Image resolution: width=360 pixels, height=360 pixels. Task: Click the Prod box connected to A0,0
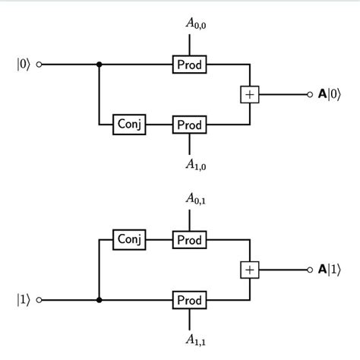(x=189, y=65)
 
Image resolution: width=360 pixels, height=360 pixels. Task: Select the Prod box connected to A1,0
(x=189, y=123)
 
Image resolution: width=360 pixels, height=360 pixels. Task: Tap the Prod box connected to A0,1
(x=189, y=240)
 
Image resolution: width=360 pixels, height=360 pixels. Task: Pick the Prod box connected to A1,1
(x=189, y=299)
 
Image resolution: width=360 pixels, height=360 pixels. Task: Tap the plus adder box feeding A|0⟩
(x=249, y=94)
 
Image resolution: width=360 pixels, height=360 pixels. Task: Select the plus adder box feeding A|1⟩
(x=249, y=270)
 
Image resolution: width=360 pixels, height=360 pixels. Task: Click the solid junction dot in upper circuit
(x=99, y=65)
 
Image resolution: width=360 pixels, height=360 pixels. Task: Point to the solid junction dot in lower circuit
(x=99, y=299)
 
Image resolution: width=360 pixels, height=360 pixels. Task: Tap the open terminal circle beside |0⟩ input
(x=40, y=65)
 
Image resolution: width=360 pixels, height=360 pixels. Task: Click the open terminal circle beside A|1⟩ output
(x=309, y=270)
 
